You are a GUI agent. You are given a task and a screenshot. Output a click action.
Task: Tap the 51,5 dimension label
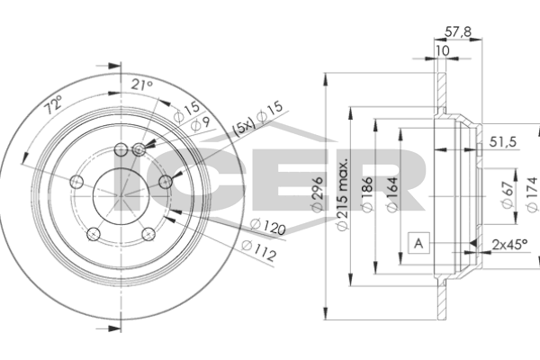pos(502,143)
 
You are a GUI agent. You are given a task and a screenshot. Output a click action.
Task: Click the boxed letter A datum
pos(418,242)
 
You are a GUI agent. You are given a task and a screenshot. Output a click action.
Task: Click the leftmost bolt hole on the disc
pos(76,183)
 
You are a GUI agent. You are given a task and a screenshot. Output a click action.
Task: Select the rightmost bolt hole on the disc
pos(165,183)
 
